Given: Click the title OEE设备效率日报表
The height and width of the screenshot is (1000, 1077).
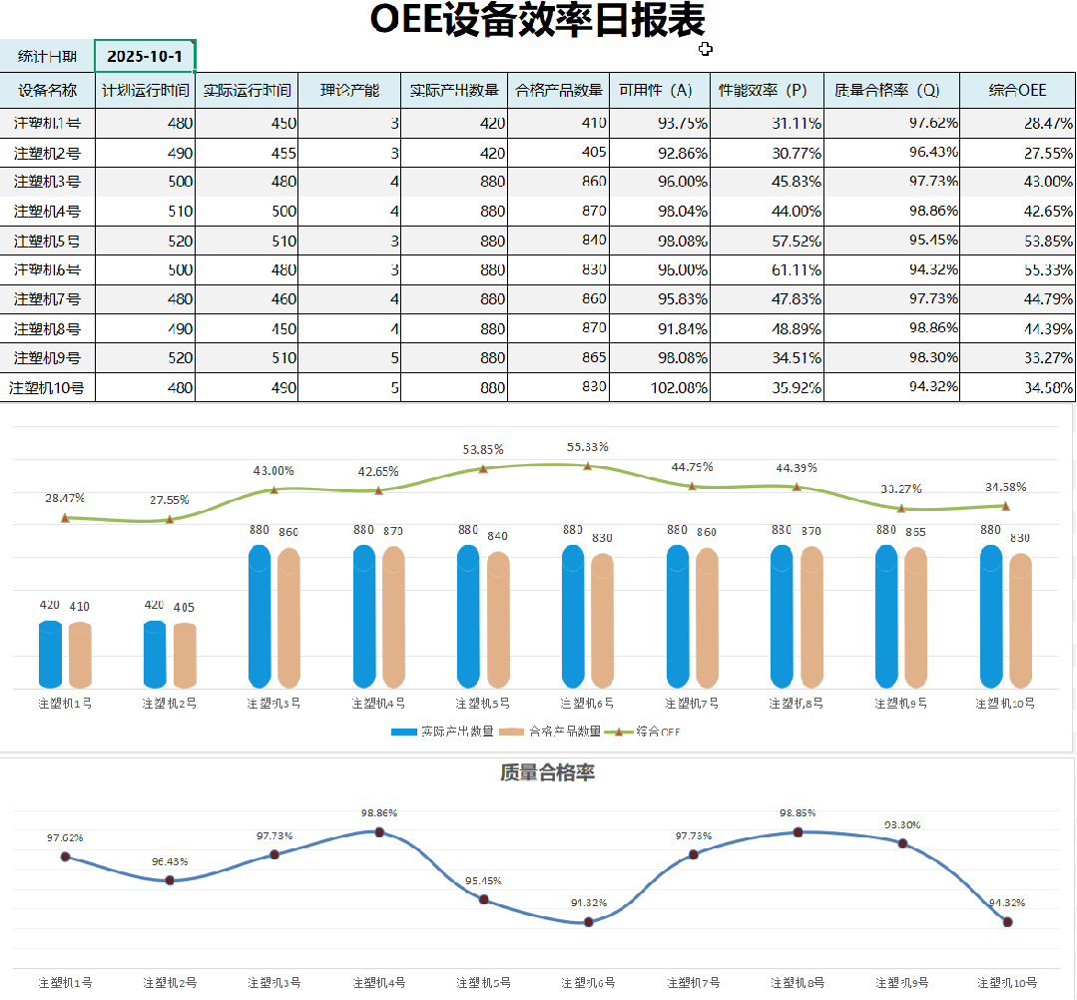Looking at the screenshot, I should (x=537, y=20).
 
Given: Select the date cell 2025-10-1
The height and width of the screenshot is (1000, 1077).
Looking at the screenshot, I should (x=145, y=56).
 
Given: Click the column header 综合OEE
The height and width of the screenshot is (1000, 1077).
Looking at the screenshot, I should (x=1017, y=90).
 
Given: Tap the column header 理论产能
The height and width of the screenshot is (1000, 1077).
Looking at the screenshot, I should (x=349, y=90).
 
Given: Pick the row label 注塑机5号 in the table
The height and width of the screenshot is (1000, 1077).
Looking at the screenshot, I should (x=47, y=240).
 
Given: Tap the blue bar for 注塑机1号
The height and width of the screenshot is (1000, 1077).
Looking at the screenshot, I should (x=50, y=654).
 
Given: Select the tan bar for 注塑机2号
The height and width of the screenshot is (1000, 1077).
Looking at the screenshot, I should (x=185, y=655).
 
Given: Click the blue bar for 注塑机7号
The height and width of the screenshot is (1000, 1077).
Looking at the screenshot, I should (x=678, y=617).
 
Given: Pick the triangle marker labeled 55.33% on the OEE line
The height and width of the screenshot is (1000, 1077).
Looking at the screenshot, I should (x=588, y=465).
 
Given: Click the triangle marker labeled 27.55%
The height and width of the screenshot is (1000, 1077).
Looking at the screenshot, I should (x=170, y=519).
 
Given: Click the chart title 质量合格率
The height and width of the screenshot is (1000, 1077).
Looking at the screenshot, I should (x=547, y=772).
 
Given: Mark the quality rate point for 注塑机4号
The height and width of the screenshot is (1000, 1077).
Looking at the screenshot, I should (x=379, y=831).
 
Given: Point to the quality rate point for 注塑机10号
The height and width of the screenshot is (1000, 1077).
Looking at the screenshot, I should (x=1007, y=922).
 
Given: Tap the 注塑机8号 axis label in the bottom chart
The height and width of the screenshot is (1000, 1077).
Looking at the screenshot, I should (x=798, y=983).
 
